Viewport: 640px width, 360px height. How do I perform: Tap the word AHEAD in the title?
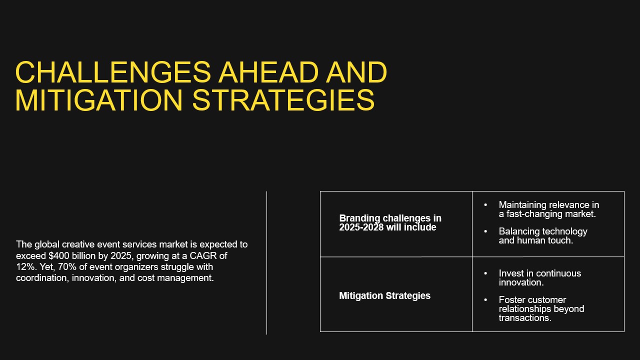[268, 72]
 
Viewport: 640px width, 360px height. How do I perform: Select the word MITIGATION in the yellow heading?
[99, 100]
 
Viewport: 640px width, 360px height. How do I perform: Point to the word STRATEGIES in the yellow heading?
[283, 100]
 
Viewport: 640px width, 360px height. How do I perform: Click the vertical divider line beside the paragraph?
[266, 263]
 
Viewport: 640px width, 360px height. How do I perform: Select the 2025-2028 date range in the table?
[361, 227]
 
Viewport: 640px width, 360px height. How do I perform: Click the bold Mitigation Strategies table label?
[384, 295]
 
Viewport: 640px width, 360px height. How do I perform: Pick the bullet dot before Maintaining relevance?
[485, 205]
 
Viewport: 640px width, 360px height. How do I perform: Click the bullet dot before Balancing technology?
[485, 231]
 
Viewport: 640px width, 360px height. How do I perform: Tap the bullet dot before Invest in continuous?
[485, 273]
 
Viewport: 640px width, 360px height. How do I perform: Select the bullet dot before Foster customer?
[485, 300]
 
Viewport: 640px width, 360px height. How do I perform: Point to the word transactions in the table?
[525, 318]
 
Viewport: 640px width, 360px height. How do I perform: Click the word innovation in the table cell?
[521, 282]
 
